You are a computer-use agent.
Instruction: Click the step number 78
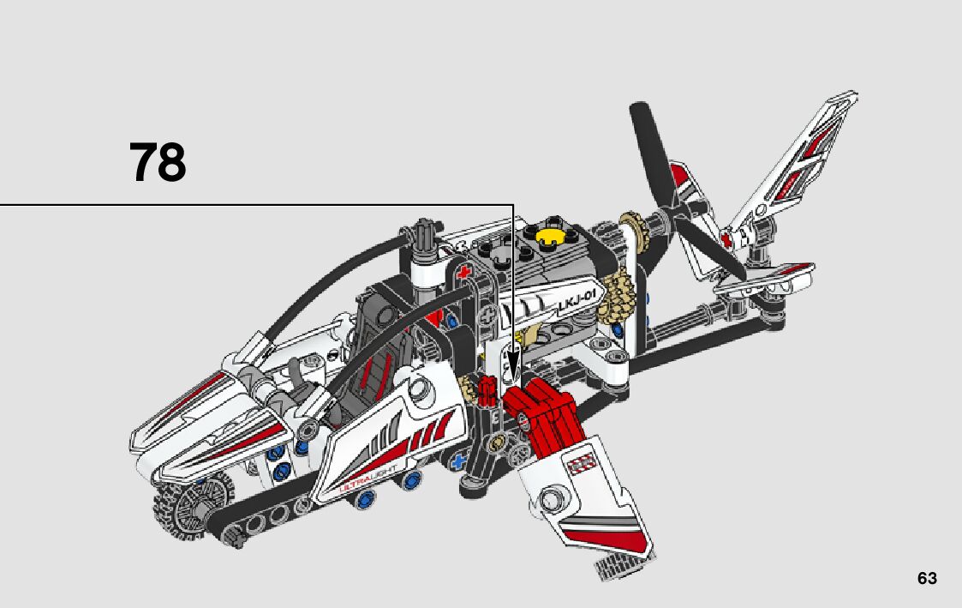[158, 163]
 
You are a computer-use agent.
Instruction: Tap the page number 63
[927, 578]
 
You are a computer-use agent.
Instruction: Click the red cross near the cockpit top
[465, 274]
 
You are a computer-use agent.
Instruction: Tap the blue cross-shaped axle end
[458, 461]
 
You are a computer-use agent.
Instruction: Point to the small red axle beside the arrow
[488, 391]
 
